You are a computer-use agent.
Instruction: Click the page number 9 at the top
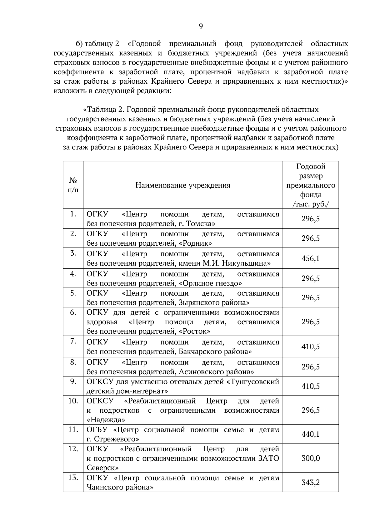click(201, 27)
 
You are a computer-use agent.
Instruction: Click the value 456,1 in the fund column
click(310, 258)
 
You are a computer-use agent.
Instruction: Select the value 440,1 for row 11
click(310, 434)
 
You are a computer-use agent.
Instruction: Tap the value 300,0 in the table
click(310, 458)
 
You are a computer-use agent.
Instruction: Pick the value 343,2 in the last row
click(310, 483)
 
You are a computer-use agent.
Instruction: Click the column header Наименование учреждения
click(183, 185)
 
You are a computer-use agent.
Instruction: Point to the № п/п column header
click(73, 185)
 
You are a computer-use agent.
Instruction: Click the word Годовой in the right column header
click(311, 167)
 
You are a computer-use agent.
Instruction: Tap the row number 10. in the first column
click(73, 401)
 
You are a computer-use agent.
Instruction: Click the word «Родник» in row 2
click(195, 243)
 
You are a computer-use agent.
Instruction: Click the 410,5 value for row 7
click(310, 347)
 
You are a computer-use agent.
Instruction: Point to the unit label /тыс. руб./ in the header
click(311, 204)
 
